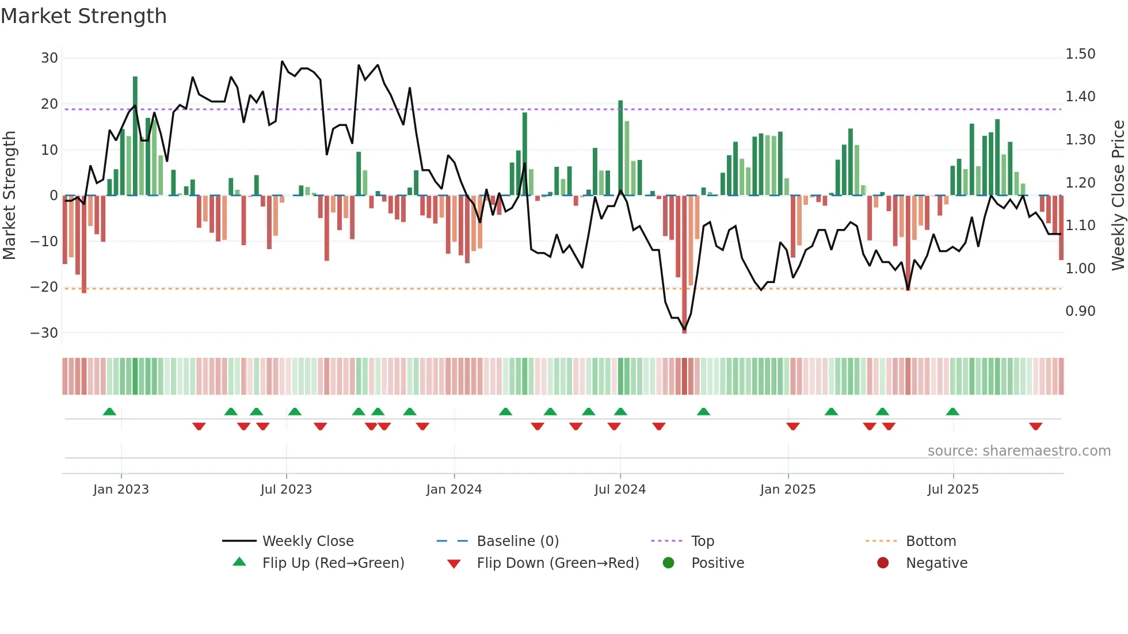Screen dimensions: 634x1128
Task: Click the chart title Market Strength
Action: coord(83,16)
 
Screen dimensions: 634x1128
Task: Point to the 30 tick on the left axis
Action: coord(49,58)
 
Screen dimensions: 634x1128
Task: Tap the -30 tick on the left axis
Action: coord(44,333)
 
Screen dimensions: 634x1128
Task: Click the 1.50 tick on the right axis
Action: coord(1080,54)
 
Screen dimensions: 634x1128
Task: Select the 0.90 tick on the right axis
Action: coord(1080,311)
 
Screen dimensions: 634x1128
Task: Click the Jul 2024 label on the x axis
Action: coord(620,490)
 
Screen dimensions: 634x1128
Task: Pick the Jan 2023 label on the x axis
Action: coord(121,490)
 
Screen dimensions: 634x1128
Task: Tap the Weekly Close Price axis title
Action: coord(1118,196)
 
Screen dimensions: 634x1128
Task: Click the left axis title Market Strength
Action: coord(9,196)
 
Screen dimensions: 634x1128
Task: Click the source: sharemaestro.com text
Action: coord(1019,451)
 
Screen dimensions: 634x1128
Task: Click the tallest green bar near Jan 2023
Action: coord(135,136)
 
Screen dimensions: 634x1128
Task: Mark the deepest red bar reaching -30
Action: coord(684,265)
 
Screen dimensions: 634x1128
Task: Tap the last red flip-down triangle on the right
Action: coord(1036,426)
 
